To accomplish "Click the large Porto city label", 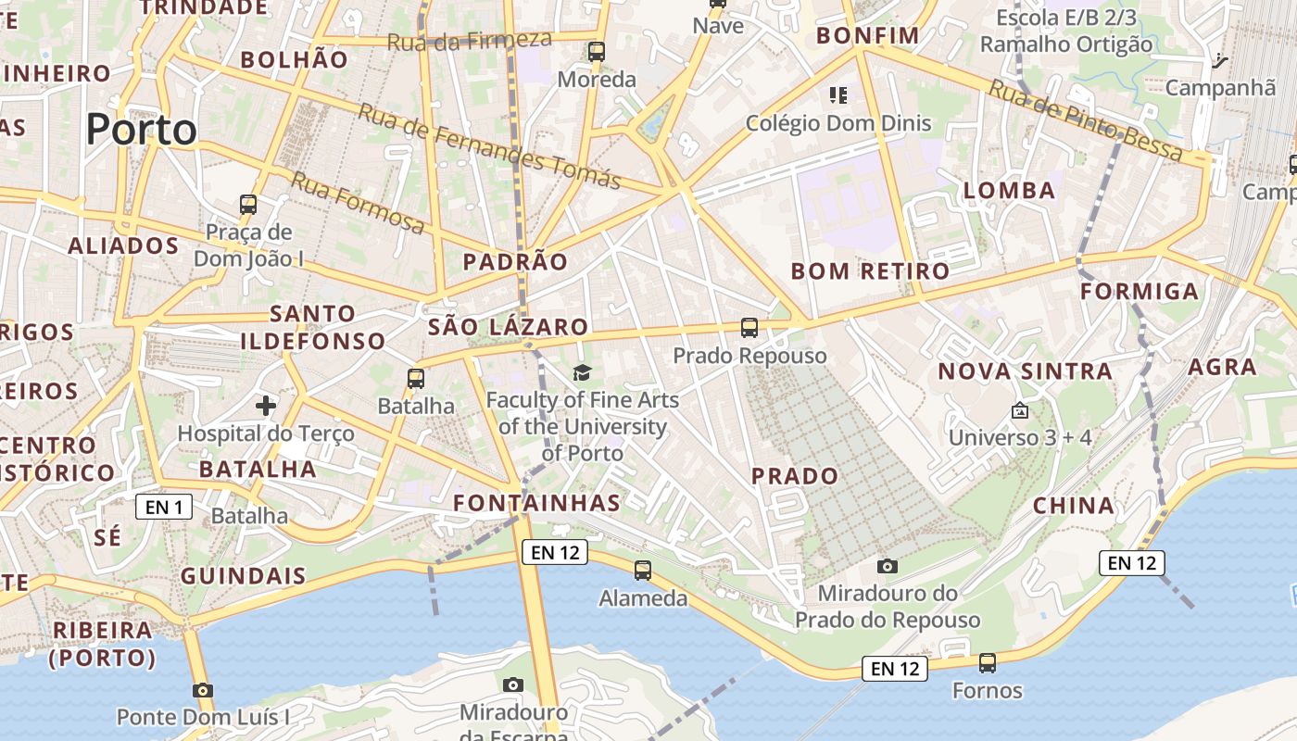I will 142,129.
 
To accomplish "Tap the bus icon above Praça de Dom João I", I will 248,204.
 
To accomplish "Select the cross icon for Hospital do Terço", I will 266,405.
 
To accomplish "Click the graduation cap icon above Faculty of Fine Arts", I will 582,372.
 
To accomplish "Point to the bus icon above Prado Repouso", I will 749,327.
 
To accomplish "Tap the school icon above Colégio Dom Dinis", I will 838,94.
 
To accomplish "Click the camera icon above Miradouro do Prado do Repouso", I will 887,566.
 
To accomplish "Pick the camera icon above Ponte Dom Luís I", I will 203,690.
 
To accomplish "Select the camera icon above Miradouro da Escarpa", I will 512,685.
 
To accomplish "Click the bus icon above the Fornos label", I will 988,663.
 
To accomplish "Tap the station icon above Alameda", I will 643,571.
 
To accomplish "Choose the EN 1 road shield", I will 164,507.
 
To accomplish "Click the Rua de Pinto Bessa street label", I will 1085,120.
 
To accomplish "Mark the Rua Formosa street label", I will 358,202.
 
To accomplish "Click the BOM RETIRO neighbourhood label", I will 870,271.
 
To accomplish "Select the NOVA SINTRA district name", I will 1025,371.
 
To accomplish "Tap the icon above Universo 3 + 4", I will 1019,409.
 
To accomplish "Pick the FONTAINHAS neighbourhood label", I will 536,503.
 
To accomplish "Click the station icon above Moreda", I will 597,52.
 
